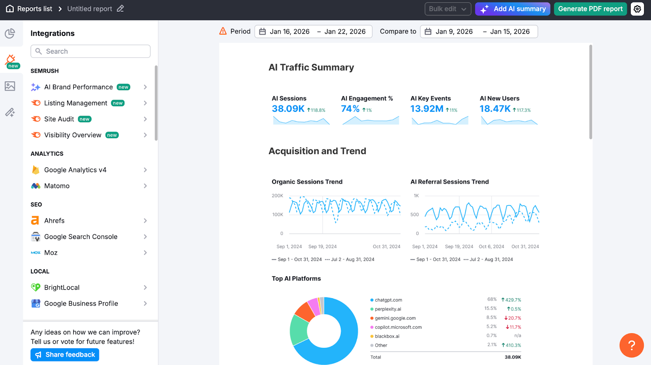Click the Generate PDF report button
coord(590,9)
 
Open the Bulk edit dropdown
coord(448,9)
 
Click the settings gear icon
coord(637,9)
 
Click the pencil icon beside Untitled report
coord(120,9)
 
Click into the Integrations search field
coord(90,51)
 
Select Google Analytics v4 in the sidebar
coord(75,170)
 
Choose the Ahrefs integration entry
coord(55,221)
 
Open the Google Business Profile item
coord(81,304)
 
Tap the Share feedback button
coord(65,355)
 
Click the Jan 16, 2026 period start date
coord(289,32)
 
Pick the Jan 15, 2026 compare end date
coord(510,32)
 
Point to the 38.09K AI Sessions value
coord(288,109)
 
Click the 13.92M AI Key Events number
coord(426,109)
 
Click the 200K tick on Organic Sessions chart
coord(277,196)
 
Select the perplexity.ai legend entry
coord(388,309)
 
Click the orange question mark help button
coord(631,345)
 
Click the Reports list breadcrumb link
coord(35,9)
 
